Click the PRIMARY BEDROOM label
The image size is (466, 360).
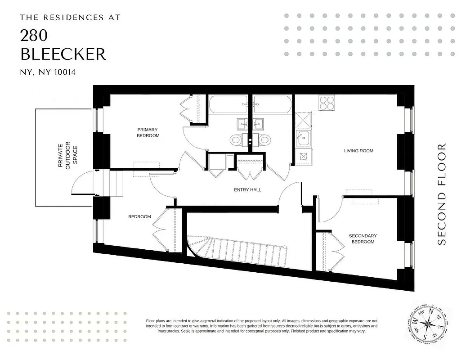tap(148, 133)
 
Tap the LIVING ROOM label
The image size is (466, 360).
tap(358, 151)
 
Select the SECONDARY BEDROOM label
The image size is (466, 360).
tap(363, 239)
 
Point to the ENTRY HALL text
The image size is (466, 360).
tap(247, 190)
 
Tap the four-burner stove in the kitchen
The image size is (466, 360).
tap(327, 103)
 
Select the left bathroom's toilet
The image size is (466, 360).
tap(237, 140)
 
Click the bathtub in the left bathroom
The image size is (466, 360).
tap(228, 105)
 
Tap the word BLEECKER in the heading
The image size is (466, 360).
tap(63, 54)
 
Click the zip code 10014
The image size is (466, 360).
tap(62, 72)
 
